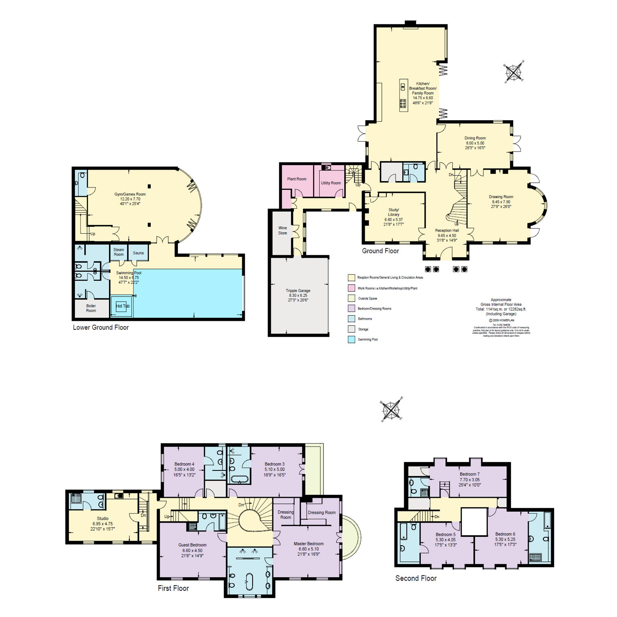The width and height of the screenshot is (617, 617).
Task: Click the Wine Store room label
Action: click(282, 230)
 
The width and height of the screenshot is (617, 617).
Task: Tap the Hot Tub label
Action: click(123, 306)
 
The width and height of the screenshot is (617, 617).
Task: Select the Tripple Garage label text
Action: click(298, 291)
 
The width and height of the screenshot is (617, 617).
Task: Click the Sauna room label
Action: click(138, 253)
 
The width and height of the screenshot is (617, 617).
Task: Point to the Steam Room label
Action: click(118, 252)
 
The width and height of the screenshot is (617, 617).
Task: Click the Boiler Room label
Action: click(91, 308)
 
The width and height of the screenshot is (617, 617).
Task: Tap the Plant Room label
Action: click(297, 179)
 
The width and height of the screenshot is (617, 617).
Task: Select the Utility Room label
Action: click(330, 183)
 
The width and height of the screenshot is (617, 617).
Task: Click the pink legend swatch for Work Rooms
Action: click(351, 288)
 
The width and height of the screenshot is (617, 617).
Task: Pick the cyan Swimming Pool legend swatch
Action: click(351, 339)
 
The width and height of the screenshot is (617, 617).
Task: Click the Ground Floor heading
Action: click(380, 251)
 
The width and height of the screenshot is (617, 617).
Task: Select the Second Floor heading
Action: click(416, 578)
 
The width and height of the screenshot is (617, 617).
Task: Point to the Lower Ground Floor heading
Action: click(101, 327)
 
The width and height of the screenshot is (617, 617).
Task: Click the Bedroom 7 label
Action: click(469, 474)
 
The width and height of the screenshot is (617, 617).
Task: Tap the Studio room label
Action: click(103, 518)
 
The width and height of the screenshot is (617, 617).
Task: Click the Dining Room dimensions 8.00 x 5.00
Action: click(475, 143)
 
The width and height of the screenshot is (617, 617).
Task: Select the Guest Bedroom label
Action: click(192, 545)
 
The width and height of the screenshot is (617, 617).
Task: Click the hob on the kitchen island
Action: click(403, 103)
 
